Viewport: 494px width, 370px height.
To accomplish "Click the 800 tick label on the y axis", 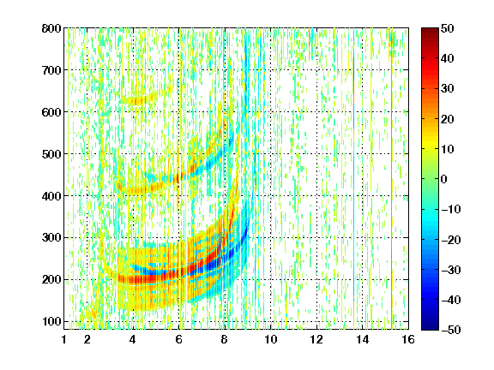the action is [x=51, y=28].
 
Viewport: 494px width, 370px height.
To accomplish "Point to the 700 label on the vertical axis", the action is [x=51, y=70].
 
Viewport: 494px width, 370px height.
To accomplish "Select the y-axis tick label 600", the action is [x=51, y=112].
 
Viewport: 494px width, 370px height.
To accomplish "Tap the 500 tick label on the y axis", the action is [x=51, y=154].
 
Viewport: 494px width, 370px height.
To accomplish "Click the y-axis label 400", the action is [x=51, y=196].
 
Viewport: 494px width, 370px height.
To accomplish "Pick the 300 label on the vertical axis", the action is [x=51, y=238].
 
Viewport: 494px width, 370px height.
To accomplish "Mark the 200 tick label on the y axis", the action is [x=51, y=280].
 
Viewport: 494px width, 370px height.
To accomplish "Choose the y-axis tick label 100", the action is [x=51, y=321].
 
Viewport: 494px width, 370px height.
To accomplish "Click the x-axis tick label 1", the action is [x=64, y=339].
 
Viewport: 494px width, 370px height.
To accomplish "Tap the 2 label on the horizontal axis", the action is [x=87, y=339].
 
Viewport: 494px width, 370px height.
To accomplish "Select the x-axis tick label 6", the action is [x=179, y=339].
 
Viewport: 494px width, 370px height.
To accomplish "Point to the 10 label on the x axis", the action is [x=271, y=339].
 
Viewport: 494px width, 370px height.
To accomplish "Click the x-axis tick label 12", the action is [x=316, y=339].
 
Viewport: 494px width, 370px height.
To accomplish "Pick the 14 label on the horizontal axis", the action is [x=362, y=339].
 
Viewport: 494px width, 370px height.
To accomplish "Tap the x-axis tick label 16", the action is [x=408, y=339].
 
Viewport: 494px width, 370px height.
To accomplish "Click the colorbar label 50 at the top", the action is [x=447, y=28].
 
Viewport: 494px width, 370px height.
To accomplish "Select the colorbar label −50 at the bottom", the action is [x=451, y=330].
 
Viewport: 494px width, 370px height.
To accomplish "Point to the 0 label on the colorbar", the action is [x=443, y=179].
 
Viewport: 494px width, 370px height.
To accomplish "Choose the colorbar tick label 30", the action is [x=447, y=89].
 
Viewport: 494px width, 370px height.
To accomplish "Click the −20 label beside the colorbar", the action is [x=451, y=240].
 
